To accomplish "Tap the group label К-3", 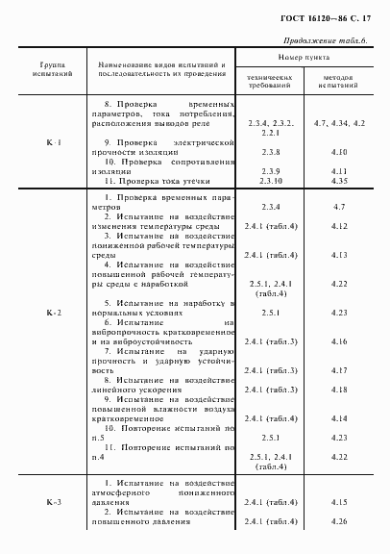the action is (54, 502).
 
